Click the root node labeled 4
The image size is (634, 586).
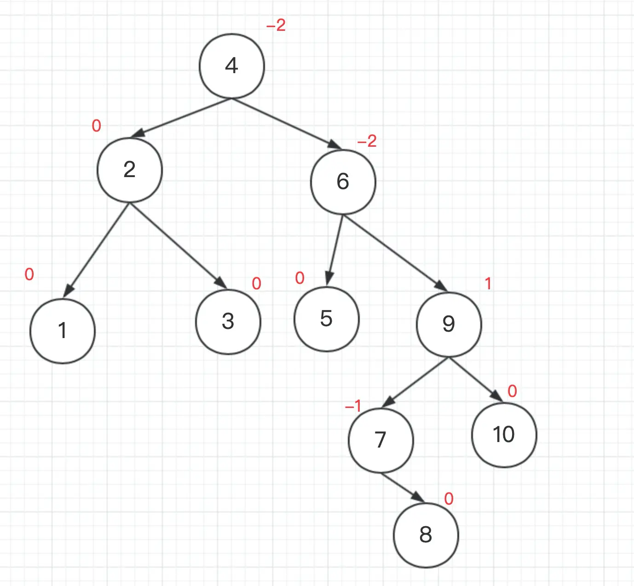(232, 66)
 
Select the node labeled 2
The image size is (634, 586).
(130, 170)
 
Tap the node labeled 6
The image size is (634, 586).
(343, 182)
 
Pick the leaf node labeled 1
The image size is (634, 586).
(63, 331)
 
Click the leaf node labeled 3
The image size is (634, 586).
(228, 322)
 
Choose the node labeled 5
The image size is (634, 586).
(327, 319)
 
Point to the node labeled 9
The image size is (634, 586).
(449, 324)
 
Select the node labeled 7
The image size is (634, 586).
(381, 440)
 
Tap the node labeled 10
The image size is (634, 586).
(504, 435)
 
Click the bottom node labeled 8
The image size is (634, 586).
(426, 535)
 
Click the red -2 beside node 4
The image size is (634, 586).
(276, 25)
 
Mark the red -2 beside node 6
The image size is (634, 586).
(367, 141)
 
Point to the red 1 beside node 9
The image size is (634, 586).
(488, 284)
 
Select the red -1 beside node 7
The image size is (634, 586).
(353, 406)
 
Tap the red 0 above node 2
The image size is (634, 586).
(96, 126)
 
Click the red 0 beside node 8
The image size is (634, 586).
(449, 499)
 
